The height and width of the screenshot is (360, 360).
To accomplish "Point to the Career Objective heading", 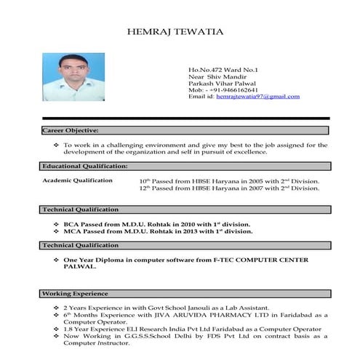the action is (71, 130).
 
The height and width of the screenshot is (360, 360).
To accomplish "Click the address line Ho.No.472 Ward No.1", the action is (219, 70).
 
